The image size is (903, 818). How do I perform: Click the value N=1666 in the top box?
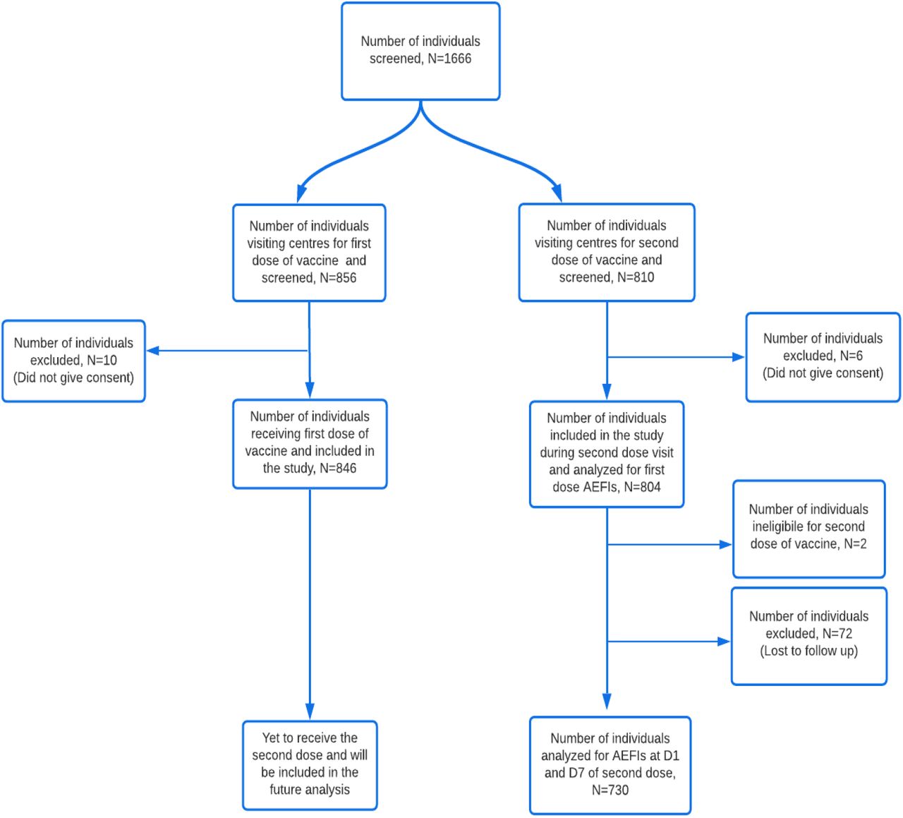coord(449,59)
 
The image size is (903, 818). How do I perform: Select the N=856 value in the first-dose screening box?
coord(338,278)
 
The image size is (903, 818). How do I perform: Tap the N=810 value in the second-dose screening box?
coord(635,277)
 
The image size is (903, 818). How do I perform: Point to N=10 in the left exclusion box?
coord(102,361)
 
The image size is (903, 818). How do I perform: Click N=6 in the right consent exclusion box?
coord(852,356)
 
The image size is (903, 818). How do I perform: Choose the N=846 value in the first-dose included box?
coord(338,469)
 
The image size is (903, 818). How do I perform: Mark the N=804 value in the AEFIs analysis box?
coord(642,487)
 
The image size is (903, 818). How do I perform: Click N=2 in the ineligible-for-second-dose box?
coord(855,543)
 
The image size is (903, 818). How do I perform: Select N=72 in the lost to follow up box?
coord(837,633)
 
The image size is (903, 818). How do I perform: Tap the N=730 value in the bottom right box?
coord(610,790)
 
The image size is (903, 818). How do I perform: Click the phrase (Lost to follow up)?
coord(809,651)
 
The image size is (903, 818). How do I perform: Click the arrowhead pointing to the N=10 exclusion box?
coord(153,351)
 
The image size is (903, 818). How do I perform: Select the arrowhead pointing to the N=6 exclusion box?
coord(738,357)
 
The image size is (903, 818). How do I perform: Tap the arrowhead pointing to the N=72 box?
coord(723,642)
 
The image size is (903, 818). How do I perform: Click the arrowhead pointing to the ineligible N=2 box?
coord(725,545)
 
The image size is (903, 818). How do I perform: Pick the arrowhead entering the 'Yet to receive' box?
coord(310,711)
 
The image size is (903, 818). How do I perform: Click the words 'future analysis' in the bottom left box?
coord(310,790)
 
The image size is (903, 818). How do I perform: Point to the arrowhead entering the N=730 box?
coord(607,702)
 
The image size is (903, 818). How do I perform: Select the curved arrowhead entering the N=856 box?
coord(302,193)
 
